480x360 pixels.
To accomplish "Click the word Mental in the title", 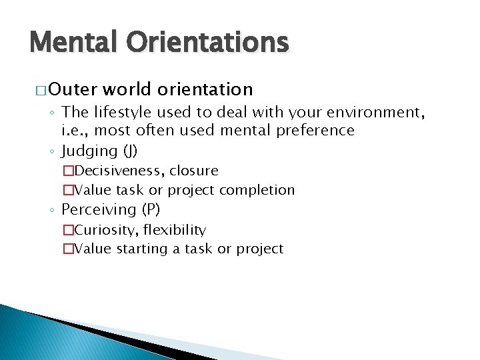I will tap(72, 42).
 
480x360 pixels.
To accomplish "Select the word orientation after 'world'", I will tap(205, 89).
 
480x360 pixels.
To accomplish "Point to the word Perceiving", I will tap(99, 209).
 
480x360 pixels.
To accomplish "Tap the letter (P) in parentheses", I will tap(151, 209).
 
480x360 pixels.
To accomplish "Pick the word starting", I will tap(142, 249).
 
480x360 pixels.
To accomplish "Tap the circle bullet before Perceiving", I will tap(52, 211).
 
